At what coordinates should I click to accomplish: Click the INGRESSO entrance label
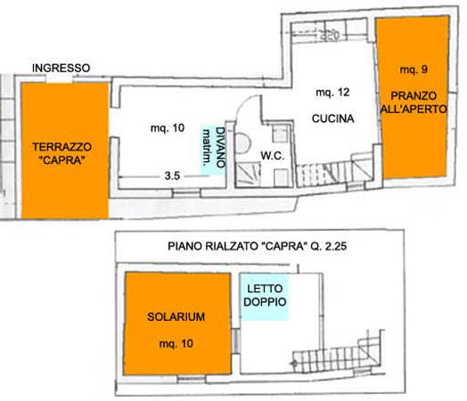point(61,69)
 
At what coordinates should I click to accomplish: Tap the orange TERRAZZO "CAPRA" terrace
point(65,151)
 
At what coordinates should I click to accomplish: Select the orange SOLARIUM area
point(177,323)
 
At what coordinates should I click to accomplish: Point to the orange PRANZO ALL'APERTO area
point(414,97)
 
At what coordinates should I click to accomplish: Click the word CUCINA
point(333,119)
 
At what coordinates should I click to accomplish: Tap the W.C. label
point(272,155)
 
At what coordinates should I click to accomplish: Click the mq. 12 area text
point(332,93)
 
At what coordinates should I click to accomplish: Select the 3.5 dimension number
point(172,176)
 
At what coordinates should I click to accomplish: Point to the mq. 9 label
point(414,70)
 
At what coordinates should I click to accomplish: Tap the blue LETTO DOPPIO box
point(265,297)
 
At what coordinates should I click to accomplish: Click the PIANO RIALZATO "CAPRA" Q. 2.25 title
point(257,247)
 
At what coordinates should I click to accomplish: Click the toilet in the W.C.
point(242,143)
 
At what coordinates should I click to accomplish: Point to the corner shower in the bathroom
point(248,175)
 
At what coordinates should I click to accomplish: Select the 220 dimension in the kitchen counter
point(330,36)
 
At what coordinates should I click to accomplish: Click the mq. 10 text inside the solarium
point(176,344)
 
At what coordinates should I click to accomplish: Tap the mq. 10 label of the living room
point(168,128)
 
